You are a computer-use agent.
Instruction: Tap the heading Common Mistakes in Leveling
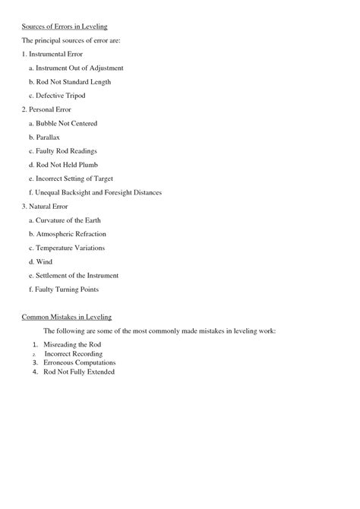coord(67,316)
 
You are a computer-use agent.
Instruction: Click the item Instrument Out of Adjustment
coord(75,68)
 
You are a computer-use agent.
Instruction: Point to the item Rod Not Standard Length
coord(70,82)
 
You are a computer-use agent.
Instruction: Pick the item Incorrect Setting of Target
coord(74,179)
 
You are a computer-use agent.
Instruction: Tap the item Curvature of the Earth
coord(67,220)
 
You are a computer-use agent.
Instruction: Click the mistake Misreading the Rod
coord(72,344)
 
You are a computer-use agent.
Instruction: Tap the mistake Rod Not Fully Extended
coord(79,372)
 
